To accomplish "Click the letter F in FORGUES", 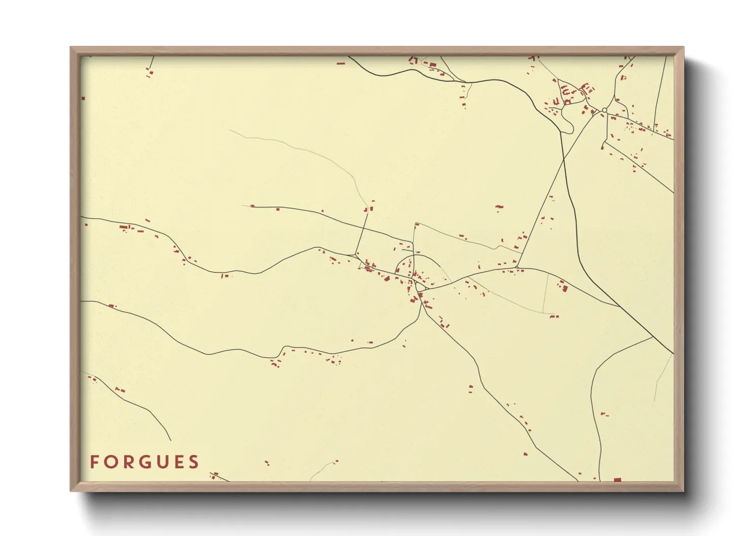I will (x=94, y=462).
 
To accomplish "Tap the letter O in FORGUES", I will (x=110, y=462).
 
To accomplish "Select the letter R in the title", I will (x=127, y=462).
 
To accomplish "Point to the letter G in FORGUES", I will (x=144, y=462).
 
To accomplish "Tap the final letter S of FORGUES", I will (x=193, y=462).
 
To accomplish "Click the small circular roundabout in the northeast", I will (x=605, y=110).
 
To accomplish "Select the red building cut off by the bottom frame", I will (x=617, y=479).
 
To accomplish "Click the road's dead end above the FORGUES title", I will (x=170, y=440).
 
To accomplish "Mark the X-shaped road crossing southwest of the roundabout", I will (x=562, y=161).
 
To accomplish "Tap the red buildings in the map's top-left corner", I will (x=149, y=72).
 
